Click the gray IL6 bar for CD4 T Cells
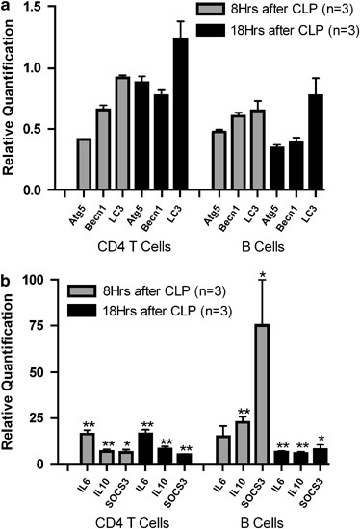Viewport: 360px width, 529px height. coord(87,448)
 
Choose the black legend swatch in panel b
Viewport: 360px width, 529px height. coord(91,308)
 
